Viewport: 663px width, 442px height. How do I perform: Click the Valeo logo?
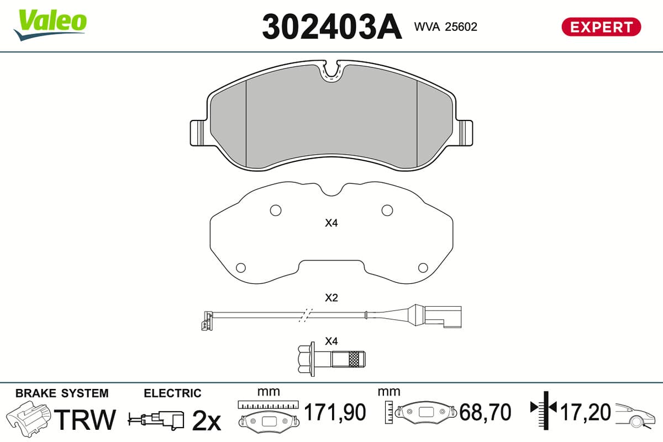pos(50,25)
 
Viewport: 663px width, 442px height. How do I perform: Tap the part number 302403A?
pos(332,27)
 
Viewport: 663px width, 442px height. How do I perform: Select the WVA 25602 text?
pos(445,27)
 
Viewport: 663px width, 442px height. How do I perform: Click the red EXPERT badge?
pos(601,27)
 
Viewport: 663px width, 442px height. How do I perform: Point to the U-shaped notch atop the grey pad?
pos(332,71)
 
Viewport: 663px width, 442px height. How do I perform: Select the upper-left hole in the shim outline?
pos(276,211)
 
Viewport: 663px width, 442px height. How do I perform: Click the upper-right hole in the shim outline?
pos(387,211)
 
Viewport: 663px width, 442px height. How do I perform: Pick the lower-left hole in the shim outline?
pos(241,267)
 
